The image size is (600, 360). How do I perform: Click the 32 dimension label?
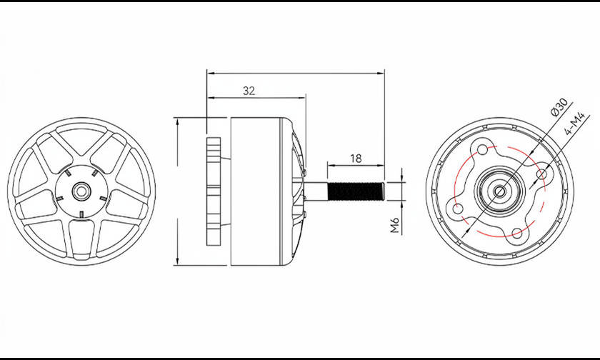coord(249,91)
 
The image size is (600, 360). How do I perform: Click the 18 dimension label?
coord(356,159)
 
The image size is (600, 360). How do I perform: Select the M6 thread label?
coord(394,225)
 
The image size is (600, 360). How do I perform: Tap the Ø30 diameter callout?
coord(559,107)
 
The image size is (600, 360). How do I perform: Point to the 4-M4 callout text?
coord(575,123)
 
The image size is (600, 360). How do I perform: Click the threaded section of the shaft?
coord(356,191)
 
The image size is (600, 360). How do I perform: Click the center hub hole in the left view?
coord(81,191)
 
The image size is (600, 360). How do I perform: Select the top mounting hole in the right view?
coord(483,149)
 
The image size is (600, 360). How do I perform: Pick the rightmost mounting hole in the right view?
coord(542,174)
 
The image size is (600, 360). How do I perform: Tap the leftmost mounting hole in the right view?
coord(457,209)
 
